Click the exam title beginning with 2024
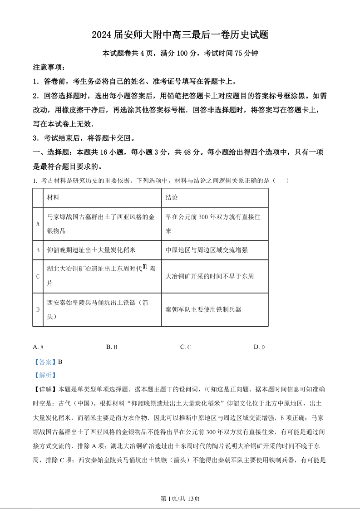[180, 35]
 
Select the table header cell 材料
[53, 198]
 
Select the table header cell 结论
[172, 198]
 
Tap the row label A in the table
[38, 224]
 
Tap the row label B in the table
[38, 250]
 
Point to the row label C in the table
[38, 276]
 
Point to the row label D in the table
[38, 309]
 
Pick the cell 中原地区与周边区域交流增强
[207, 250]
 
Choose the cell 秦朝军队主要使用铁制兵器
[203, 309]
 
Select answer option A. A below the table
[38, 347]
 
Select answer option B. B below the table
[112, 347]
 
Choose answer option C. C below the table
[185, 347]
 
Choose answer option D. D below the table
[259, 347]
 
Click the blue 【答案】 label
[45, 362]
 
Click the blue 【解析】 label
[45, 375]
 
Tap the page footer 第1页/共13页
[180, 499]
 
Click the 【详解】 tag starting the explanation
[45, 389]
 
